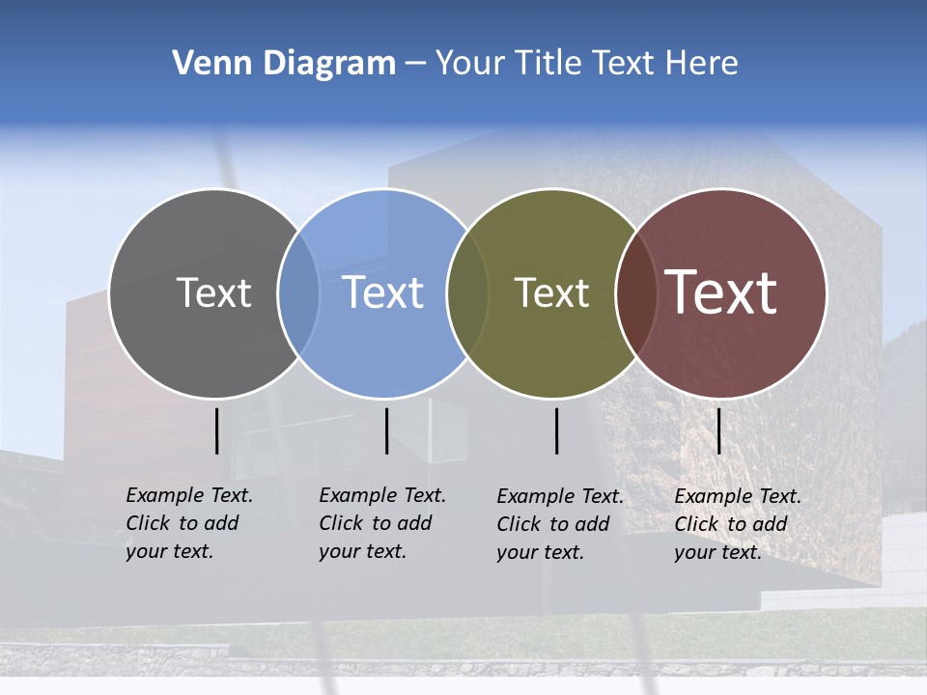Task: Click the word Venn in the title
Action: pyautogui.click(x=205, y=64)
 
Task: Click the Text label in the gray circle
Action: pyautogui.click(x=213, y=292)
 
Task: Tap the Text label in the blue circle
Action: pyautogui.click(x=382, y=292)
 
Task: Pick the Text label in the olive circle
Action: pyautogui.click(x=551, y=292)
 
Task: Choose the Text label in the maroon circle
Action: pyautogui.click(x=721, y=292)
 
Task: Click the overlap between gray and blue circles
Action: pyautogui.click(x=298, y=293)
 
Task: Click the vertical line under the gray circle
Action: pyautogui.click(x=217, y=431)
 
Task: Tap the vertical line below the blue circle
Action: pyautogui.click(x=386, y=431)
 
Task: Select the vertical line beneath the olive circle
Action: pyautogui.click(x=557, y=431)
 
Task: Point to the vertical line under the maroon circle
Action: pyautogui.click(x=719, y=431)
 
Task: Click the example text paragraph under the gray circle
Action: pyautogui.click(x=188, y=523)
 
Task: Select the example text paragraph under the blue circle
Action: pyautogui.click(x=381, y=523)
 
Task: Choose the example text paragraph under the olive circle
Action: pyautogui.click(x=559, y=524)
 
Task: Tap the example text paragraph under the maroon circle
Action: pyautogui.click(x=737, y=524)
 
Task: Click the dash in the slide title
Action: pyautogui.click(x=415, y=65)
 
